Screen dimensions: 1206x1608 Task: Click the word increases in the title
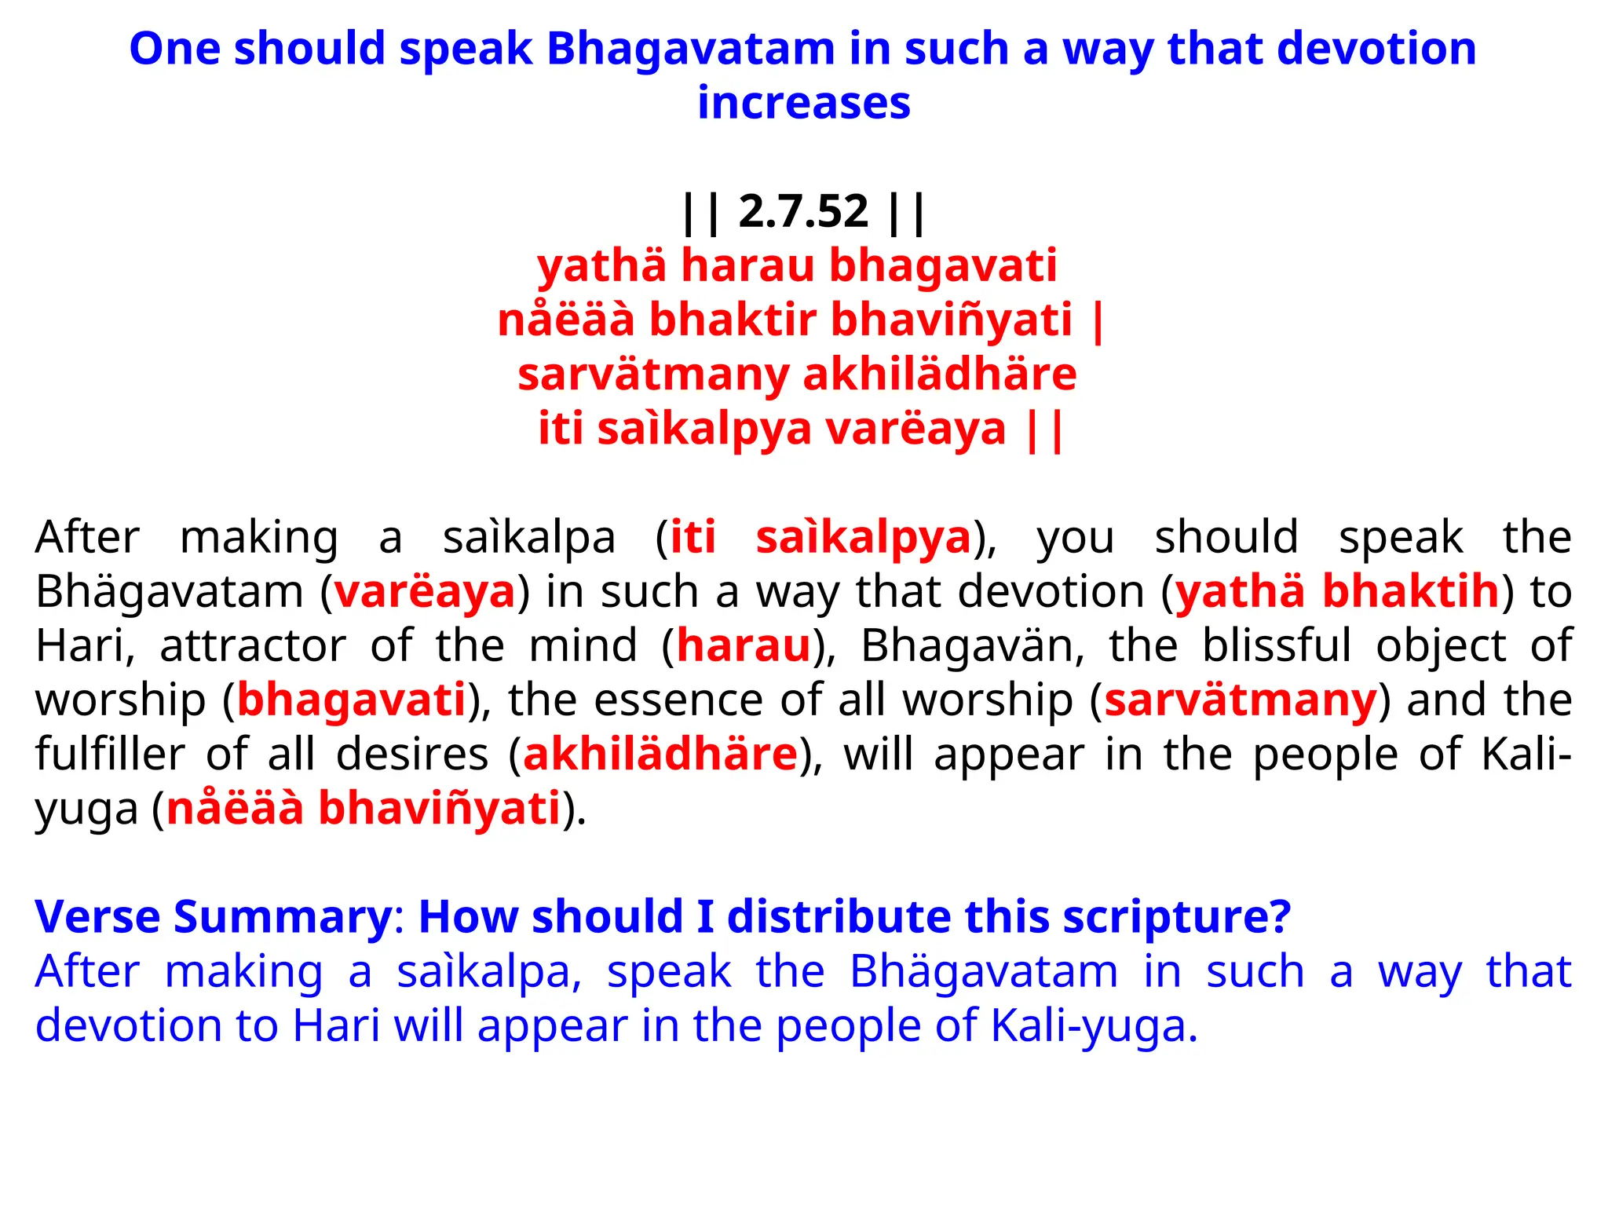pyautogui.click(x=803, y=104)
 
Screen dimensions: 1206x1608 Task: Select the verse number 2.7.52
pyautogui.click(x=803, y=211)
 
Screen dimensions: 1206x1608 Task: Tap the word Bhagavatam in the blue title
pyautogui.click(x=690, y=49)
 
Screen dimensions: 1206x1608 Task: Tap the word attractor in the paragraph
pyautogui.click(x=253, y=646)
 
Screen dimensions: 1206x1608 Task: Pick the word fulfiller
pyautogui.click(x=110, y=755)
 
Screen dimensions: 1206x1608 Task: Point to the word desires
pyautogui.click(x=412, y=755)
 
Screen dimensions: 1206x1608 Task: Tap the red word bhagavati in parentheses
pyautogui.click(x=352, y=700)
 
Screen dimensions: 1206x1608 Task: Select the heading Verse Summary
pyautogui.click(x=214, y=917)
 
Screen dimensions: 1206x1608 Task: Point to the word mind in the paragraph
pyautogui.click(x=583, y=646)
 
